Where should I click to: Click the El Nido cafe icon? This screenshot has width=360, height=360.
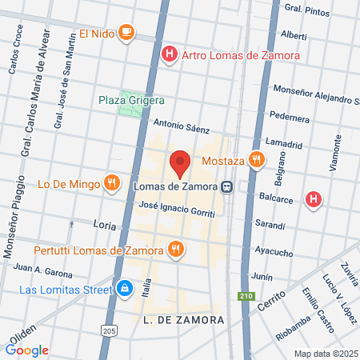(x=126, y=32)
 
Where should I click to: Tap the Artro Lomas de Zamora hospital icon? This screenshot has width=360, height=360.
(x=169, y=55)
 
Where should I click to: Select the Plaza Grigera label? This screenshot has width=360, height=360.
(x=131, y=100)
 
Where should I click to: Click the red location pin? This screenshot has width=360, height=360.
(x=180, y=162)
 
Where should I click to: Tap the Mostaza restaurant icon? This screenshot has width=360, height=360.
(x=256, y=159)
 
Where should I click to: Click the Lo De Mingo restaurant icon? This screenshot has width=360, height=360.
(x=111, y=184)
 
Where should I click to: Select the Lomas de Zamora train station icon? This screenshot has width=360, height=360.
(x=228, y=186)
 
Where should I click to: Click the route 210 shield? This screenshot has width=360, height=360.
(x=246, y=297)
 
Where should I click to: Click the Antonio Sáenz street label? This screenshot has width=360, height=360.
(x=182, y=126)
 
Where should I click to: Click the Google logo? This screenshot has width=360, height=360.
(x=27, y=350)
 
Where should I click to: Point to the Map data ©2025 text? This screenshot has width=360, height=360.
(x=326, y=354)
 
